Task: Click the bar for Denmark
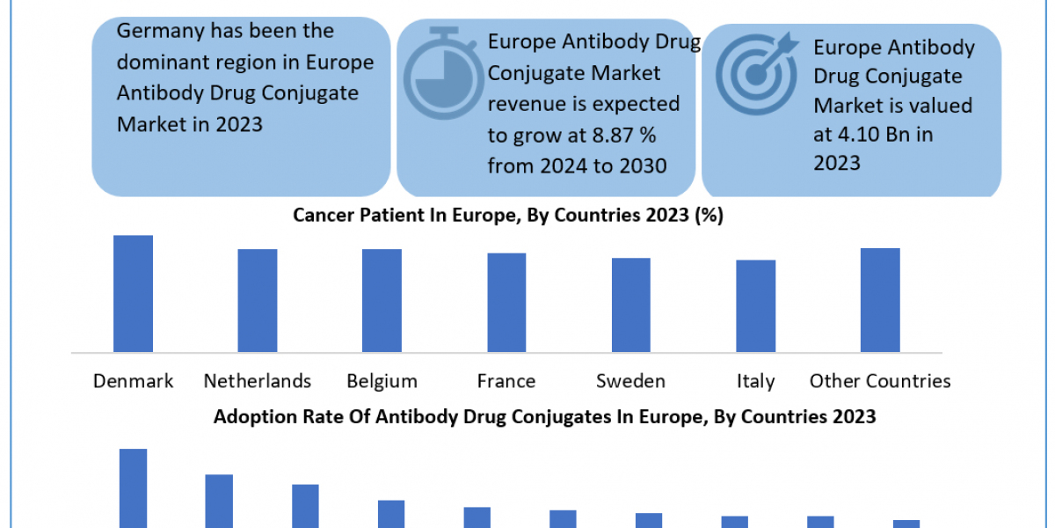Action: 133,294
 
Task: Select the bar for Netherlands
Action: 258,300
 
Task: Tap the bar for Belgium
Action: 382,300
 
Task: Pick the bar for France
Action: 506,303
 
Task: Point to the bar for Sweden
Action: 631,304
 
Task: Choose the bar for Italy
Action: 756,305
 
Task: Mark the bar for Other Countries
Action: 880,300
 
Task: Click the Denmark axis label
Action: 133,381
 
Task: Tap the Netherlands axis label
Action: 258,381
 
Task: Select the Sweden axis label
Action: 631,381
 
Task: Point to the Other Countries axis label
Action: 880,381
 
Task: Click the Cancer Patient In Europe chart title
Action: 508,216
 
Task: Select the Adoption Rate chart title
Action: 545,416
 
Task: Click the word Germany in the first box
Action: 156,31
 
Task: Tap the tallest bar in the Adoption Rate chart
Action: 133,488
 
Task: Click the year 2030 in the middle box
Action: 641,165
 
